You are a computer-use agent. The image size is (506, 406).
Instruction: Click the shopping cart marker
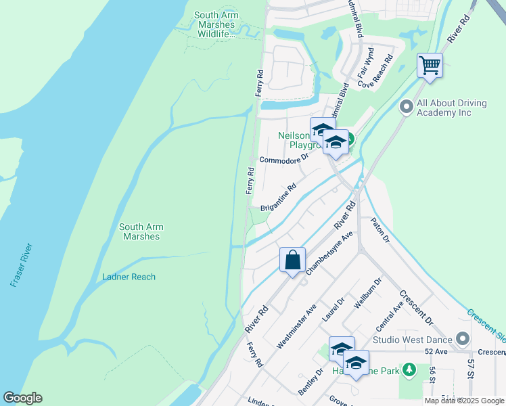pos(430,66)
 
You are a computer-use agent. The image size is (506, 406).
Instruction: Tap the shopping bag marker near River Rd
pos(292,260)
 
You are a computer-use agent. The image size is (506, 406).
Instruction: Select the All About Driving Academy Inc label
pos(453,108)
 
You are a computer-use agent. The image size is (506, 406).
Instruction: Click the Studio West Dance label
pos(413,338)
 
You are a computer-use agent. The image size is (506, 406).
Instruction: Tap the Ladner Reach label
pos(129,277)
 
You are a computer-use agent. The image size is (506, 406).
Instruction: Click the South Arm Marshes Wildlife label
pos(215,24)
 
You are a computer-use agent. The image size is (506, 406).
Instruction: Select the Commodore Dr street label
pos(283,158)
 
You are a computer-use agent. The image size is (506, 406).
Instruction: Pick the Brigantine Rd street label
pos(278,197)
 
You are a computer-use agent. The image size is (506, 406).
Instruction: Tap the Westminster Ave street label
pos(296,326)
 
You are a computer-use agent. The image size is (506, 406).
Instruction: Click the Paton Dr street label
pos(379,230)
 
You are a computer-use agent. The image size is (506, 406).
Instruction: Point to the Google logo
pos(22,398)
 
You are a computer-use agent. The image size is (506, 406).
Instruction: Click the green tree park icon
pos(409,369)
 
